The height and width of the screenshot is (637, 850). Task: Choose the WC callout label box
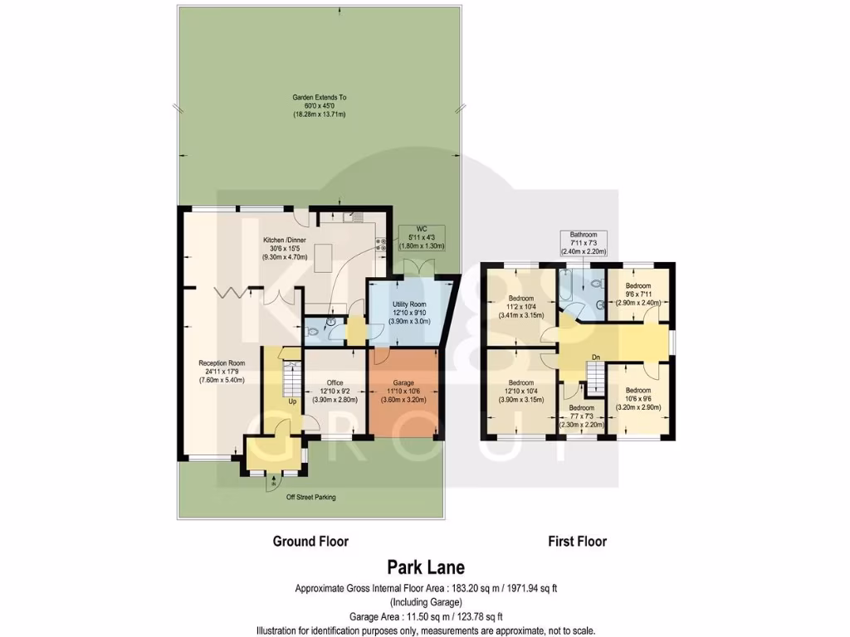423,237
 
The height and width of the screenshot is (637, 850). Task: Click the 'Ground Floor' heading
310,542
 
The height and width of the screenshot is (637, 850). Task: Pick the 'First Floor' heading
577,542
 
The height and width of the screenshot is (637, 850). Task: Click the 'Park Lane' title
426,568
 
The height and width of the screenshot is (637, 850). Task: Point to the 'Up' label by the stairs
292,402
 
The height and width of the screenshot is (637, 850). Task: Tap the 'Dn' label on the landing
595,357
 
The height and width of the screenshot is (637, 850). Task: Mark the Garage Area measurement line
425,616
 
